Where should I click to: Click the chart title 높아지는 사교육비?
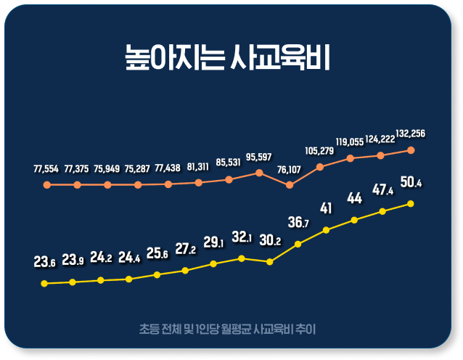[x=227, y=57]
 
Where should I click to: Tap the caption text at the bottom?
[x=227, y=329]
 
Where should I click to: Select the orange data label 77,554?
[x=46, y=169]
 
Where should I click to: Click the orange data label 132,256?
[x=411, y=134]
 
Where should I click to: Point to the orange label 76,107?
[x=289, y=170]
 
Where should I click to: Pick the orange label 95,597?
[x=258, y=157]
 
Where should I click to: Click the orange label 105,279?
[x=319, y=151]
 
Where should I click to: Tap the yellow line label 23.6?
[x=44, y=262]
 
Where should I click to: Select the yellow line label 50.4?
[x=411, y=182]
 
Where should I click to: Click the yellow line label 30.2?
[x=270, y=240]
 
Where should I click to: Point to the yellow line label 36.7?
[x=298, y=222]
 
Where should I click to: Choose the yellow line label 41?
[x=326, y=208]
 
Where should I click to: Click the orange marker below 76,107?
[x=290, y=185]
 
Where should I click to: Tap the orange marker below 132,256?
[x=411, y=150]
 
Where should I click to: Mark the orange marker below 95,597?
[x=259, y=173]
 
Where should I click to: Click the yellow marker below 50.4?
[x=411, y=204]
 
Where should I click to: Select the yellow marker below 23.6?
[x=44, y=284]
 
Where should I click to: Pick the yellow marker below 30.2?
[x=269, y=262]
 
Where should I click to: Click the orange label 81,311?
[x=198, y=167]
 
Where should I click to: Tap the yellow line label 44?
[x=354, y=198]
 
